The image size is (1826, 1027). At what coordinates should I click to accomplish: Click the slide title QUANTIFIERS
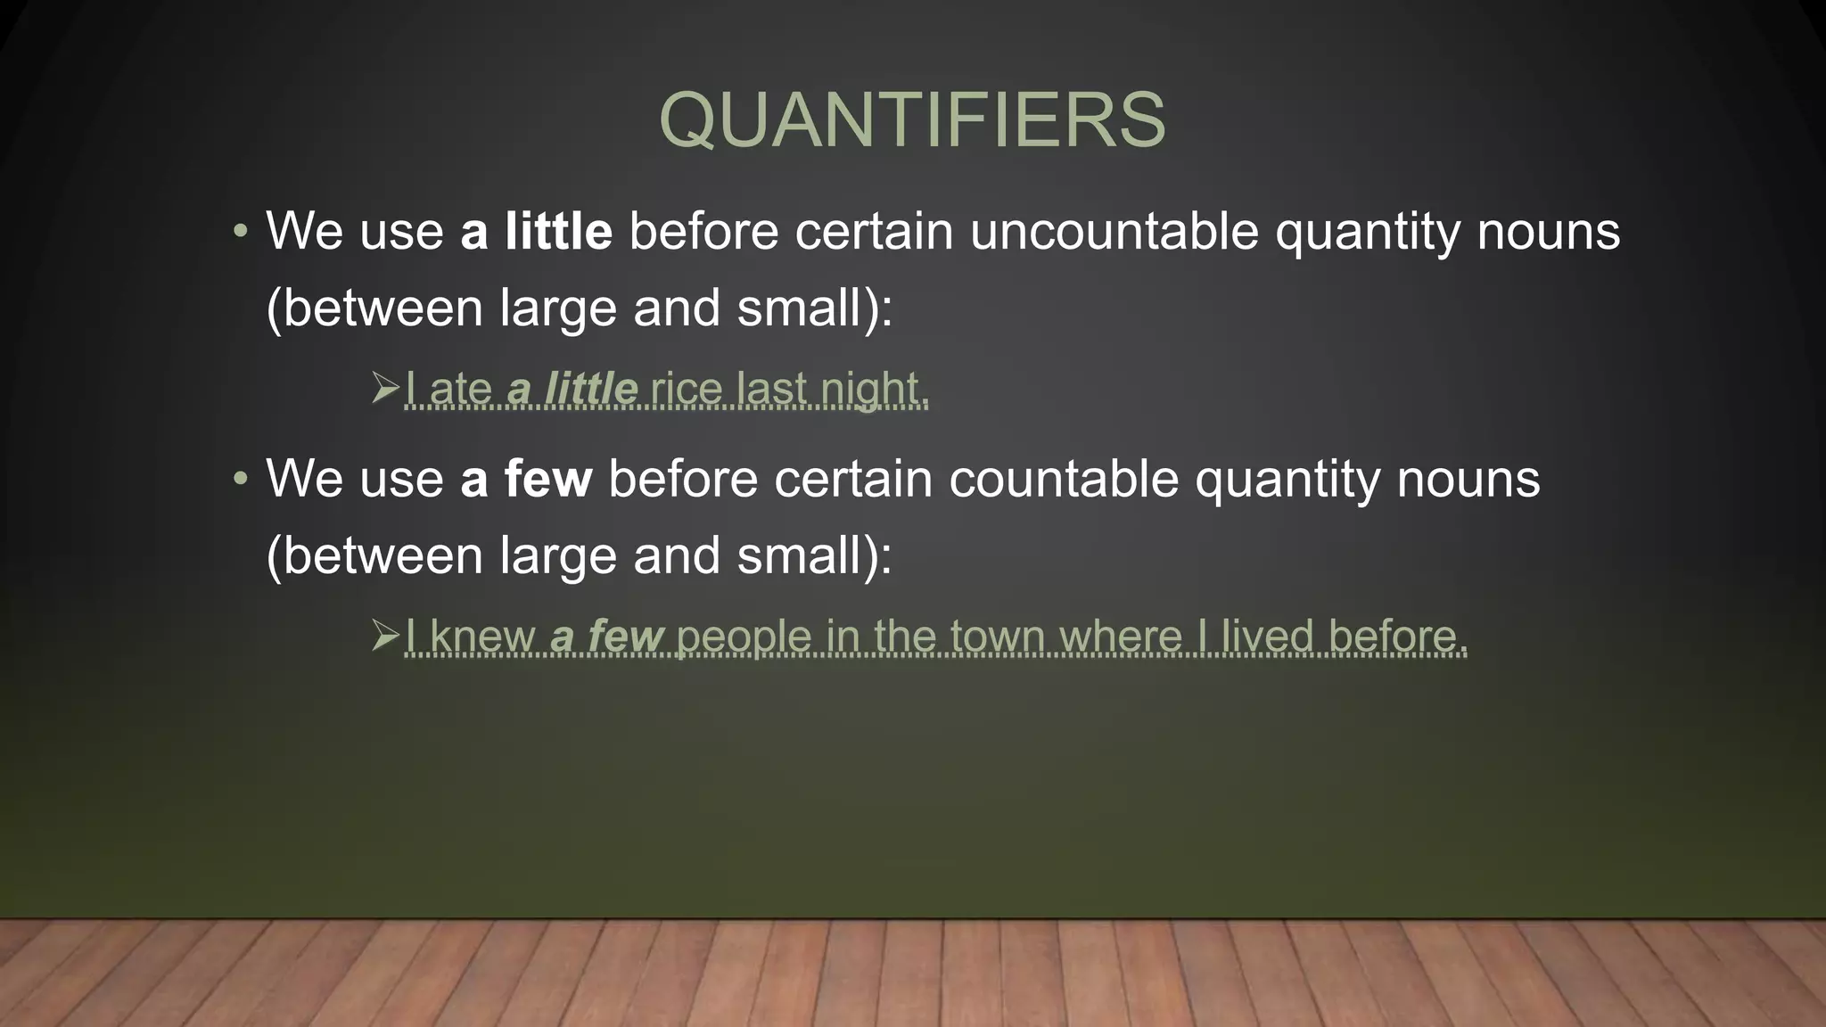tap(912, 120)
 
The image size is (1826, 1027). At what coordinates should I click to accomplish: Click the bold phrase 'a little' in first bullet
tap(536, 232)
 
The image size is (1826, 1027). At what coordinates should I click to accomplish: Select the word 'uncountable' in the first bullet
tap(1114, 232)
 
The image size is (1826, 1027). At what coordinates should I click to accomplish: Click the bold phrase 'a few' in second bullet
tap(526, 479)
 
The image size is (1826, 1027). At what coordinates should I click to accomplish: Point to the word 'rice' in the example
tap(686, 390)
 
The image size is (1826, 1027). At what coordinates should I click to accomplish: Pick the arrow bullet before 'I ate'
tap(385, 389)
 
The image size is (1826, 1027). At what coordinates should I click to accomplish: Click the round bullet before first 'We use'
tap(239, 233)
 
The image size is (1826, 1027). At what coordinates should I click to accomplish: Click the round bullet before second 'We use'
tap(239, 480)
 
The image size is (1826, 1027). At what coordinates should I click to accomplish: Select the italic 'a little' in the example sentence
tap(572, 390)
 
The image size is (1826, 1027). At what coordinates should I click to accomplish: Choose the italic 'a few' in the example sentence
tap(607, 637)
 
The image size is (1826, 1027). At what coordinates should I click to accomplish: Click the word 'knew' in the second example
tap(481, 637)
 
